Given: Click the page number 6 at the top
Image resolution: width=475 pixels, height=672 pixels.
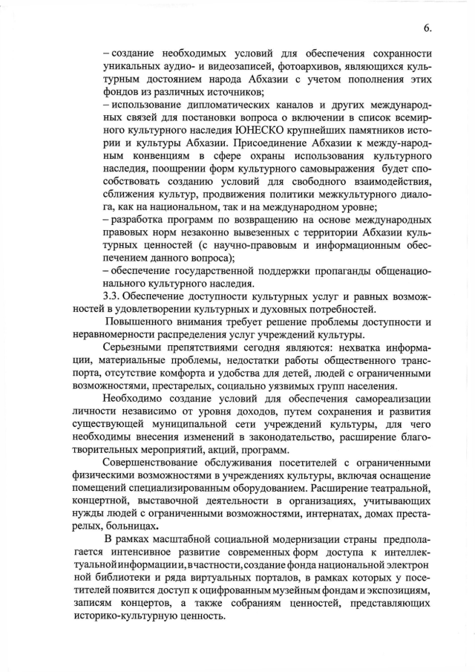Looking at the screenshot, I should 427,28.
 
